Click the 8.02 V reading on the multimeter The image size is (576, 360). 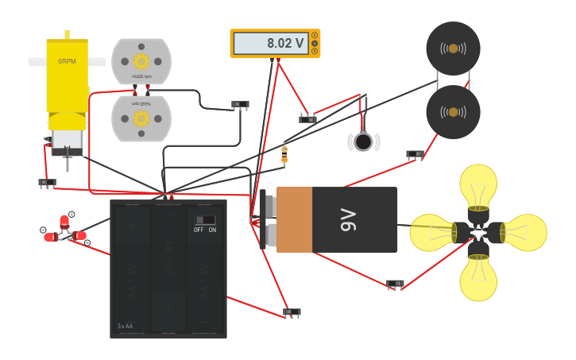(x=285, y=44)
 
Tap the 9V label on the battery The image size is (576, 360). (x=349, y=219)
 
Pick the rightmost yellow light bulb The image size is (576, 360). (x=524, y=231)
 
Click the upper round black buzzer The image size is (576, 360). (x=453, y=48)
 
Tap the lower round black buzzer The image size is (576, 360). (x=453, y=112)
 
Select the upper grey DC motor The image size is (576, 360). (x=141, y=60)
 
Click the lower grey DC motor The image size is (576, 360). (x=141, y=118)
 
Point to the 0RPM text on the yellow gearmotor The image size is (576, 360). (x=68, y=61)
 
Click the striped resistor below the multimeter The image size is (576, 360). (x=284, y=154)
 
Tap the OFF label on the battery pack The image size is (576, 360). (x=199, y=230)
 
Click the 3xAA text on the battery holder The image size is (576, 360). (x=125, y=327)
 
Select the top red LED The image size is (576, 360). (x=64, y=221)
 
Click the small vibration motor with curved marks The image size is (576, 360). (x=363, y=141)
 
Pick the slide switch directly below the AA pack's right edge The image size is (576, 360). (x=292, y=312)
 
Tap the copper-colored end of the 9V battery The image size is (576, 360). (x=293, y=219)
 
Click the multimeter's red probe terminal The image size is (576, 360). (x=278, y=60)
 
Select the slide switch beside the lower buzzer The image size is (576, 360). (x=415, y=154)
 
